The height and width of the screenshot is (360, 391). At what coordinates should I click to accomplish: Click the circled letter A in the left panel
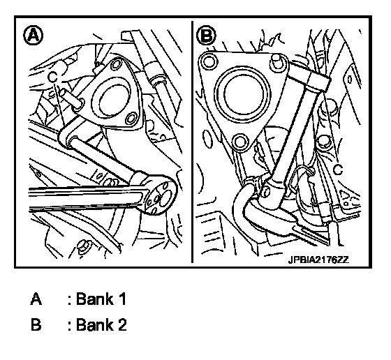click(34, 36)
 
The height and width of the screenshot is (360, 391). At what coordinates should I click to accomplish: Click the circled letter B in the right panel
click(206, 36)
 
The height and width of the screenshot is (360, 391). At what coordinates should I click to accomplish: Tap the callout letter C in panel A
click(53, 77)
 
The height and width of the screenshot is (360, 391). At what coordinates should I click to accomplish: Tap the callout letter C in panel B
click(339, 170)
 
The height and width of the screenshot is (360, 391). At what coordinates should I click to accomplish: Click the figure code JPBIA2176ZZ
click(318, 260)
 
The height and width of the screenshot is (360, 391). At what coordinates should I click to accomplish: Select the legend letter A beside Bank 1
click(36, 299)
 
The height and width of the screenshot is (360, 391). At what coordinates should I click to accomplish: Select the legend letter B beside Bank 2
click(36, 325)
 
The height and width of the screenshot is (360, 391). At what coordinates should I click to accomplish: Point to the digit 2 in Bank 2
click(122, 325)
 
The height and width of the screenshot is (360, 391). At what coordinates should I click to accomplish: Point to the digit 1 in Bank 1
click(122, 299)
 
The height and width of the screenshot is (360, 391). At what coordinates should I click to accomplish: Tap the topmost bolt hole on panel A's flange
click(115, 63)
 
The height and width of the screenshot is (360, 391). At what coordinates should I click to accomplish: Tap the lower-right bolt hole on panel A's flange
click(131, 119)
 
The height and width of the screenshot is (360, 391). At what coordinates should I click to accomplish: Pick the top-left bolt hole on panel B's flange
click(209, 61)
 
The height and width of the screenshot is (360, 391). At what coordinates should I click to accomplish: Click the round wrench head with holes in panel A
click(159, 194)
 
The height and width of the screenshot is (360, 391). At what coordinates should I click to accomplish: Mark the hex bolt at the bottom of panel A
click(83, 247)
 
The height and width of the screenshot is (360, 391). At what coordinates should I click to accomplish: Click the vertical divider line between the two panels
click(192, 142)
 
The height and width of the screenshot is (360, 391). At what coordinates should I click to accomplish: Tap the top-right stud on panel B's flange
click(276, 62)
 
